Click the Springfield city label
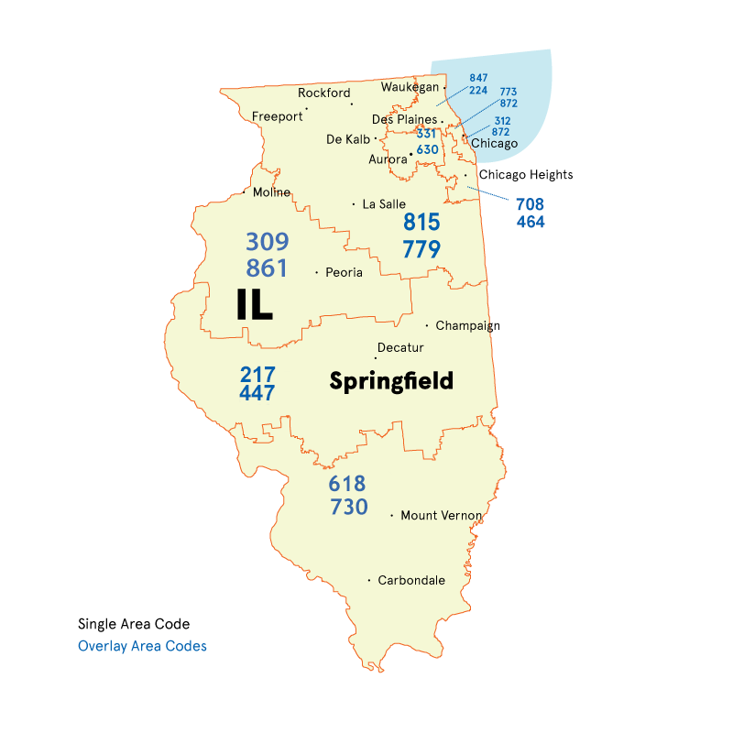(391, 381)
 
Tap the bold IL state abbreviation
(254, 305)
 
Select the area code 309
(267, 242)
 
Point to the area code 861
(267, 268)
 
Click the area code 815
(421, 222)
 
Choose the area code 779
(421, 248)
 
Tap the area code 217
(257, 375)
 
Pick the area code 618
(347, 483)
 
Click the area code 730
(348, 507)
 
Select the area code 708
(531, 204)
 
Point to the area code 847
(479, 79)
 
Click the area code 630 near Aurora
(427, 149)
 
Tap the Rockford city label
(324, 93)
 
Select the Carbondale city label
(411, 580)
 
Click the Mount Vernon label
(441, 516)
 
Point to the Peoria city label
(344, 272)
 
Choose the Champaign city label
(467, 325)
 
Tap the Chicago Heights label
(526, 175)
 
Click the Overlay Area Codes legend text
(142, 646)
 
